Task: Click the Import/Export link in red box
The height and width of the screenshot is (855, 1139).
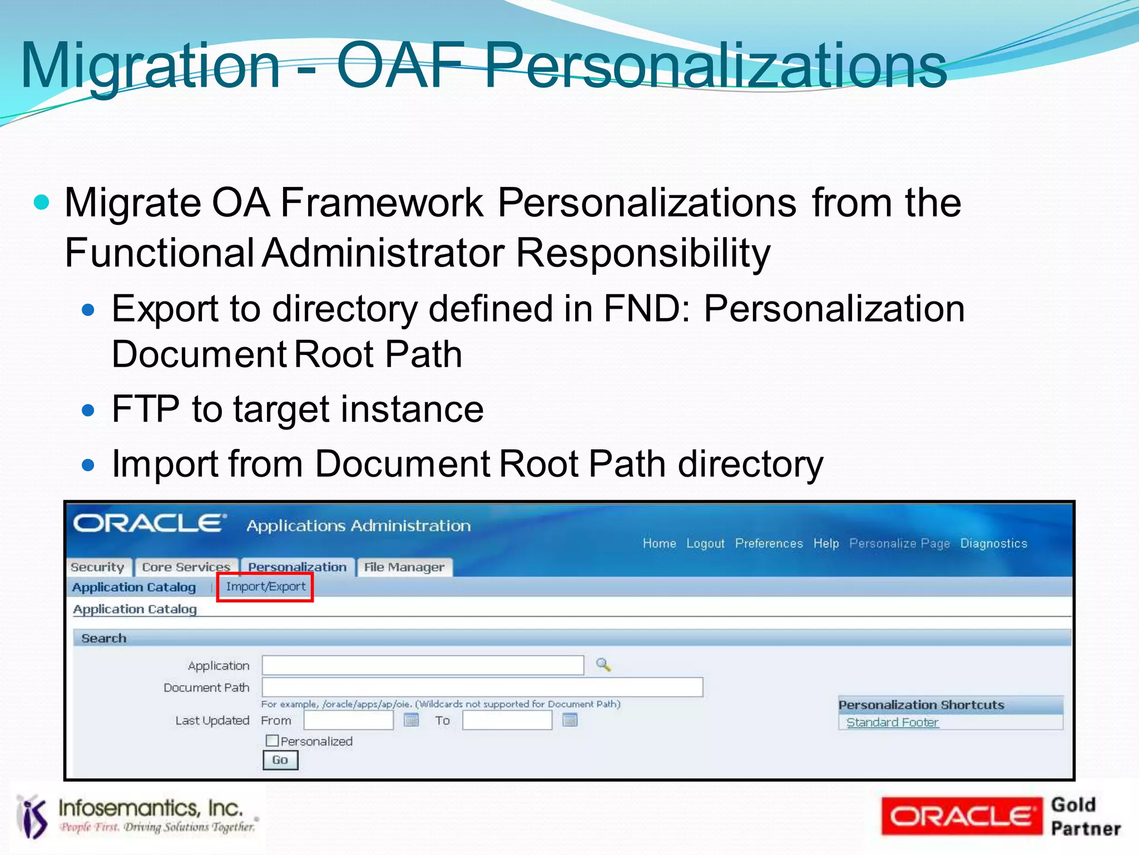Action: [265, 587]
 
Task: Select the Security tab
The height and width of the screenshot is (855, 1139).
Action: [97, 567]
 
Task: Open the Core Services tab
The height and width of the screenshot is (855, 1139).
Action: [186, 567]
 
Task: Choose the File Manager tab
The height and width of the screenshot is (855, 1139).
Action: [404, 567]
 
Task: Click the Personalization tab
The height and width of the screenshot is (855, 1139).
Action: [297, 567]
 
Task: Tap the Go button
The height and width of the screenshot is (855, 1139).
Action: [280, 760]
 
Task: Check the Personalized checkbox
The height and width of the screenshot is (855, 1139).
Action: [272, 741]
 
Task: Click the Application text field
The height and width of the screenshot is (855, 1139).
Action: [423, 665]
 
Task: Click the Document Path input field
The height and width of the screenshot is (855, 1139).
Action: [482, 688]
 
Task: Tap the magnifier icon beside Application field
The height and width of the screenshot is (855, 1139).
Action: [603, 665]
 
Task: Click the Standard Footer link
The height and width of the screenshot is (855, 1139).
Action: [892, 723]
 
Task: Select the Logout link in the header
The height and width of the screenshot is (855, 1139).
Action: [705, 543]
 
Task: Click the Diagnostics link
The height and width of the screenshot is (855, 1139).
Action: [993, 543]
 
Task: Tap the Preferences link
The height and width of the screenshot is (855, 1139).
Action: [769, 543]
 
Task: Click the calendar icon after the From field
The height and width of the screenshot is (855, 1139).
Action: [411, 720]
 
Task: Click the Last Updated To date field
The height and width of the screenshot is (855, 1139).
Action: [507, 721]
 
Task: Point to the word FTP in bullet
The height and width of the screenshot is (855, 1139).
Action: [146, 409]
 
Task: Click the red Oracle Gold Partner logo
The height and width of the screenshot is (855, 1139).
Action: [962, 817]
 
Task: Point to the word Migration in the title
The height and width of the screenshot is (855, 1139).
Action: [150, 67]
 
